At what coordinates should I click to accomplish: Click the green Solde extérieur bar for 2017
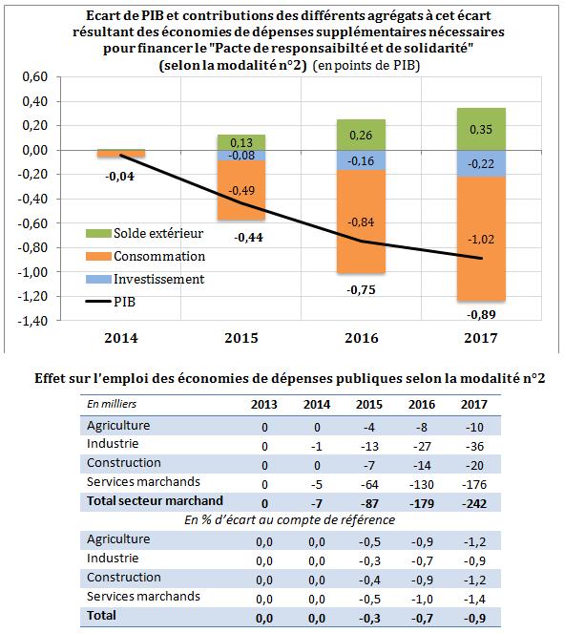point(481,129)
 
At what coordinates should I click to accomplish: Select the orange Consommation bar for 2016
point(361,222)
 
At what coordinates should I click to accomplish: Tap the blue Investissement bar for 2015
point(241,156)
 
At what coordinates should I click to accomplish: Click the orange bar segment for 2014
point(121,154)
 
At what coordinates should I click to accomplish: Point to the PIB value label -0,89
point(481,314)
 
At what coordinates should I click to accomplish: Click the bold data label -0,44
point(248,238)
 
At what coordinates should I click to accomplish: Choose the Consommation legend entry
point(145,256)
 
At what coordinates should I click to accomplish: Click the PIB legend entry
point(111,302)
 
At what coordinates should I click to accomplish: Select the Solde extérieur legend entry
point(144,233)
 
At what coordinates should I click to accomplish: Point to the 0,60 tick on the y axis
point(35,76)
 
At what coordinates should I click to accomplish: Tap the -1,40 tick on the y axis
point(32,321)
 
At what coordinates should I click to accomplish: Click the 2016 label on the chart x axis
point(361,338)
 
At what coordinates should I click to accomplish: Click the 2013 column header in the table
point(264,405)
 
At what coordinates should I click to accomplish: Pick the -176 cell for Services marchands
point(474,484)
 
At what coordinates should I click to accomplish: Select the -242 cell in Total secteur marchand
point(474,503)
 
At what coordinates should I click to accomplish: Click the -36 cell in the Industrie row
point(474,446)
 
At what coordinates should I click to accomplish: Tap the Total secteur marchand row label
point(155,500)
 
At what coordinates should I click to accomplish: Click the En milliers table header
point(112,404)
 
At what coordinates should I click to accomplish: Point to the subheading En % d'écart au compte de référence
point(290,520)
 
